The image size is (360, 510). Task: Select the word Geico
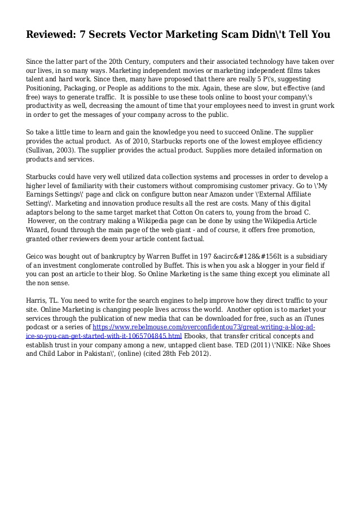(37, 256)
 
